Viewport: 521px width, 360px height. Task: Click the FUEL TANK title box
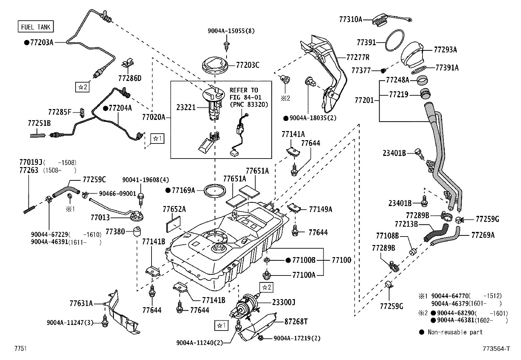36,27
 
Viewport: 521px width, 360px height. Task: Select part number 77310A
350,19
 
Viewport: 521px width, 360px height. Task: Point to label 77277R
358,57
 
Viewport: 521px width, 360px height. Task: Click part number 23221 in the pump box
186,107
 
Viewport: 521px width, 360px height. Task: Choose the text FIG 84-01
245,97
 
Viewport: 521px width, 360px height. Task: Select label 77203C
247,65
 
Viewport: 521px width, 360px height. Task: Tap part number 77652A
174,209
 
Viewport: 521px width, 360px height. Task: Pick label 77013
100,218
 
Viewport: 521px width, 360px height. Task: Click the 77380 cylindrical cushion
137,231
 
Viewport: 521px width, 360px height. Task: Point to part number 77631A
81,303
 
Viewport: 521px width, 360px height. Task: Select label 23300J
283,302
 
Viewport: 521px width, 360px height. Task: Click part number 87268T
296,322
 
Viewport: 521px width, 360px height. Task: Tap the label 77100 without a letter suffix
341,260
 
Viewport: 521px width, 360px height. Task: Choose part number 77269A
483,235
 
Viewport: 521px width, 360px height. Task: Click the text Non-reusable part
455,332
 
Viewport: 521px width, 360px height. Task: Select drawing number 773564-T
496,349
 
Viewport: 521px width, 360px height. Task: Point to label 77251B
39,123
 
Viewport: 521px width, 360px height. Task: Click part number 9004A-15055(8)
231,31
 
